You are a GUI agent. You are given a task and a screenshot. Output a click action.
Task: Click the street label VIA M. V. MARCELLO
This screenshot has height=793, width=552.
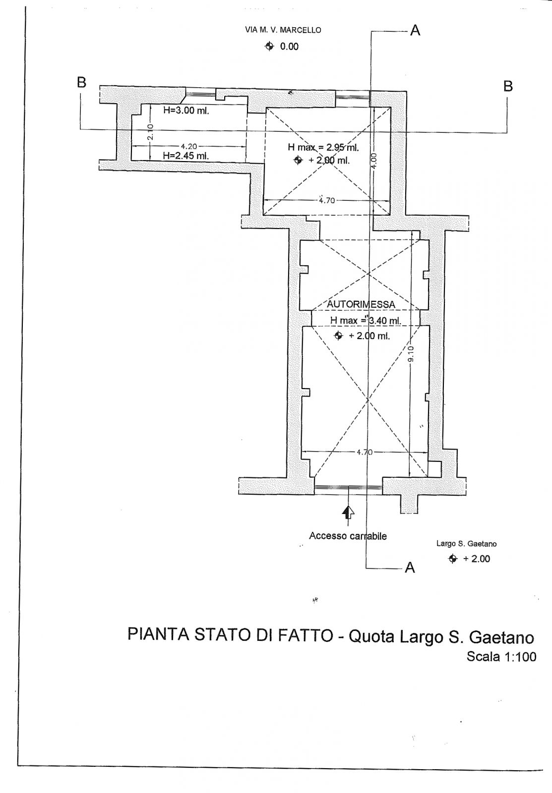[x=283, y=30]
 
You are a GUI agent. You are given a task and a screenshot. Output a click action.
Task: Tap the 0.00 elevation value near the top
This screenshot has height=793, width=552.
[x=290, y=47]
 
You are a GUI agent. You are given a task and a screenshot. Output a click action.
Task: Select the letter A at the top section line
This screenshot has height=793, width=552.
[x=415, y=31]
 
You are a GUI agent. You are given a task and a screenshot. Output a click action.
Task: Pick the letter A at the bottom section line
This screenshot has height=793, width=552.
[x=410, y=567]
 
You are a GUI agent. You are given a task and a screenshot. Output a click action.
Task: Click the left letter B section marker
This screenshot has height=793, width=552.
[x=81, y=82]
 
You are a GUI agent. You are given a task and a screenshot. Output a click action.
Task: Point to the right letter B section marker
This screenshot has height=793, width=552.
[x=508, y=86]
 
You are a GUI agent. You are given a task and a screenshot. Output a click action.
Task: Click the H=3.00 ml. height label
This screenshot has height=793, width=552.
[x=186, y=111]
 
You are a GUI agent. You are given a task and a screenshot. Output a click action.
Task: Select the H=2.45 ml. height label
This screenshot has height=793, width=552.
[x=185, y=155]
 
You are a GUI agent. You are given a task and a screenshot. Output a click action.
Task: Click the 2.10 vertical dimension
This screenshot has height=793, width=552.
[x=150, y=132]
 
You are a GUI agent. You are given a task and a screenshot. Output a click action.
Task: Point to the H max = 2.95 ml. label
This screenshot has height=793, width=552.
[x=323, y=148]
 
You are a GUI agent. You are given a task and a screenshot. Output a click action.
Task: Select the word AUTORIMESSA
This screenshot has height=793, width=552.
[x=361, y=304]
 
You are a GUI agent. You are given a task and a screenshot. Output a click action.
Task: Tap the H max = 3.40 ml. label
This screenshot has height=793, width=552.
[x=366, y=320]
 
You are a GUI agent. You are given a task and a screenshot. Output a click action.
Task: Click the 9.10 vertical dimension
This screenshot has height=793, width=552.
[x=411, y=354]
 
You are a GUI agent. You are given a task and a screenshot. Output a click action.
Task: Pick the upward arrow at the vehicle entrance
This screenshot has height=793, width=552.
[x=349, y=512]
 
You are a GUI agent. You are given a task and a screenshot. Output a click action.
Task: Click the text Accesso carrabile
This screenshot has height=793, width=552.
[x=348, y=536]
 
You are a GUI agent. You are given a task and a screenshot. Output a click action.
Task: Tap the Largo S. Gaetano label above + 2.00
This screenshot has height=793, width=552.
[x=466, y=543]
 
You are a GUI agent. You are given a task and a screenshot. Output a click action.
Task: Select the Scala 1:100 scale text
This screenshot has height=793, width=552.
[x=501, y=657]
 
